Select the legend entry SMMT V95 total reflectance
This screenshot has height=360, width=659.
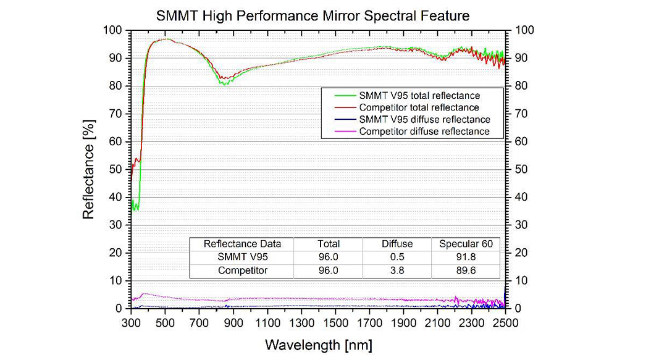(419, 96)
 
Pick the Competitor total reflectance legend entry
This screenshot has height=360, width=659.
(419, 107)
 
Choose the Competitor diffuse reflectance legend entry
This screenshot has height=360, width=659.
(424, 131)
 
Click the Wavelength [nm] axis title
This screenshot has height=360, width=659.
(319, 344)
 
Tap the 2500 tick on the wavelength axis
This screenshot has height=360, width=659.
(505, 322)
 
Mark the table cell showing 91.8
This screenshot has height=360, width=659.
(466, 257)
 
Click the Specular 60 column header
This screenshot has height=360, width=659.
(466, 244)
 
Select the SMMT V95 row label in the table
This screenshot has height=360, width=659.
(242, 257)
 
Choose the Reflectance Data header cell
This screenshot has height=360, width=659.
(242, 244)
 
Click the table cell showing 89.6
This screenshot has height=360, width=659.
(466, 270)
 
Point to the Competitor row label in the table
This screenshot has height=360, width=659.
(242, 270)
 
